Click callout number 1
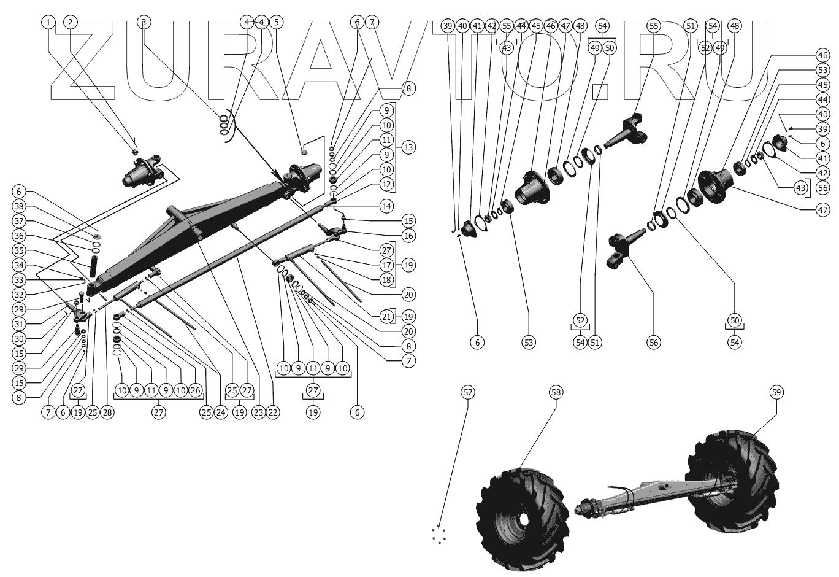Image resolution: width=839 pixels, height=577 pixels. (x=48, y=22)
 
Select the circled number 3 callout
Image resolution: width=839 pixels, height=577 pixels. (x=144, y=22)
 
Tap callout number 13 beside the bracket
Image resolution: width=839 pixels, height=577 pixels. (x=408, y=147)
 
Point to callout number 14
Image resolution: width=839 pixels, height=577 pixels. (x=386, y=206)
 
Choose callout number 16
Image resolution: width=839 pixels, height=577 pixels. (x=408, y=236)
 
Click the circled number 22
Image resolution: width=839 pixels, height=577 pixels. (x=273, y=412)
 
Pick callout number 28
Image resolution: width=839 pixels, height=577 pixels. (x=107, y=412)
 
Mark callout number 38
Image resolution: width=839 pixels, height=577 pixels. (x=19, y=206)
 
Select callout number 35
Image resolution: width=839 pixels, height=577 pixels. (x=19, y=250)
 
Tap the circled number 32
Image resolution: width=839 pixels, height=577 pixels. (x=19, y=295)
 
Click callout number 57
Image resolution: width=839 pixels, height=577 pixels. (x=468, y=392)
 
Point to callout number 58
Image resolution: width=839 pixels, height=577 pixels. (x=556, y=392)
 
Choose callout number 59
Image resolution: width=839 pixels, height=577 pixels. (x=777, y=392)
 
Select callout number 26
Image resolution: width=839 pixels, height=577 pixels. (x=195, y=390)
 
